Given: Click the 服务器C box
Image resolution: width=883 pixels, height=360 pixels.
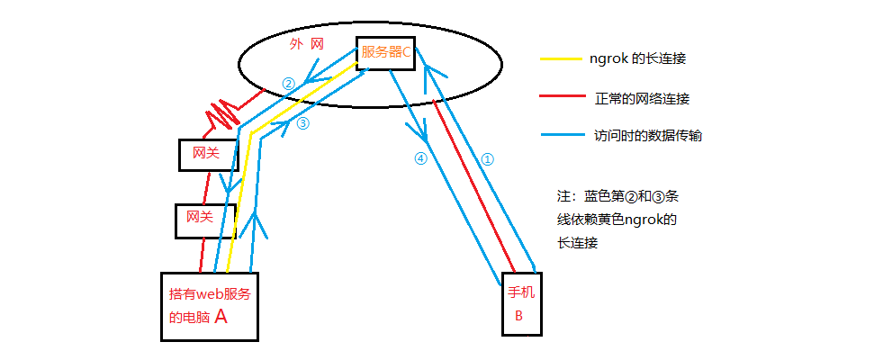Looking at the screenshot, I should pyautogui.click(x=386, y=52).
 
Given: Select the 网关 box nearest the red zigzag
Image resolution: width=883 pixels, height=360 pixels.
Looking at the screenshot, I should pyautogui.click(x=206, y=154).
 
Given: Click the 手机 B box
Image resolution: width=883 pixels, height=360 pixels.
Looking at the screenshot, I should pyautogui.click(x=522, y=302).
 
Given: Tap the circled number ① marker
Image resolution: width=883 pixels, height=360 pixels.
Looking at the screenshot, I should pyautogui.click(x=487, y=159).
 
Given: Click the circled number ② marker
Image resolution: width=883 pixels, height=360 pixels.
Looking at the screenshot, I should pyautogui.click(x=288, y=84).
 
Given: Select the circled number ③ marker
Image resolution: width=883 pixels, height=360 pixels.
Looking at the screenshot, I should pyautogui.click(x=302, y=124).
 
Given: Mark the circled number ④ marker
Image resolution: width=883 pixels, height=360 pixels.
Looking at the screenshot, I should pyautogui.click(x=419, y=158).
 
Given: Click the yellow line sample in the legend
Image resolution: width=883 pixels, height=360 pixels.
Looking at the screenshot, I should pyautogui.click(x=563, y=58).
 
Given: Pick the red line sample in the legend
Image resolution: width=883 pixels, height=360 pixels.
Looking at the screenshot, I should pyautogui.click(x=563, y=97).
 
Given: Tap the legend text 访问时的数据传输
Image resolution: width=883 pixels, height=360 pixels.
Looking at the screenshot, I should pyautogui.click(x=648, y=137).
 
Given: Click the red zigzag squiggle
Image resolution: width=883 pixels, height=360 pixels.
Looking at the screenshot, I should pyautogui.click(x=224, y=113).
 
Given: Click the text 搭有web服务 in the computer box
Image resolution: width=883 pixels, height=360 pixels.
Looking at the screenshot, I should pyautogui.click(x=208, y=294).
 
